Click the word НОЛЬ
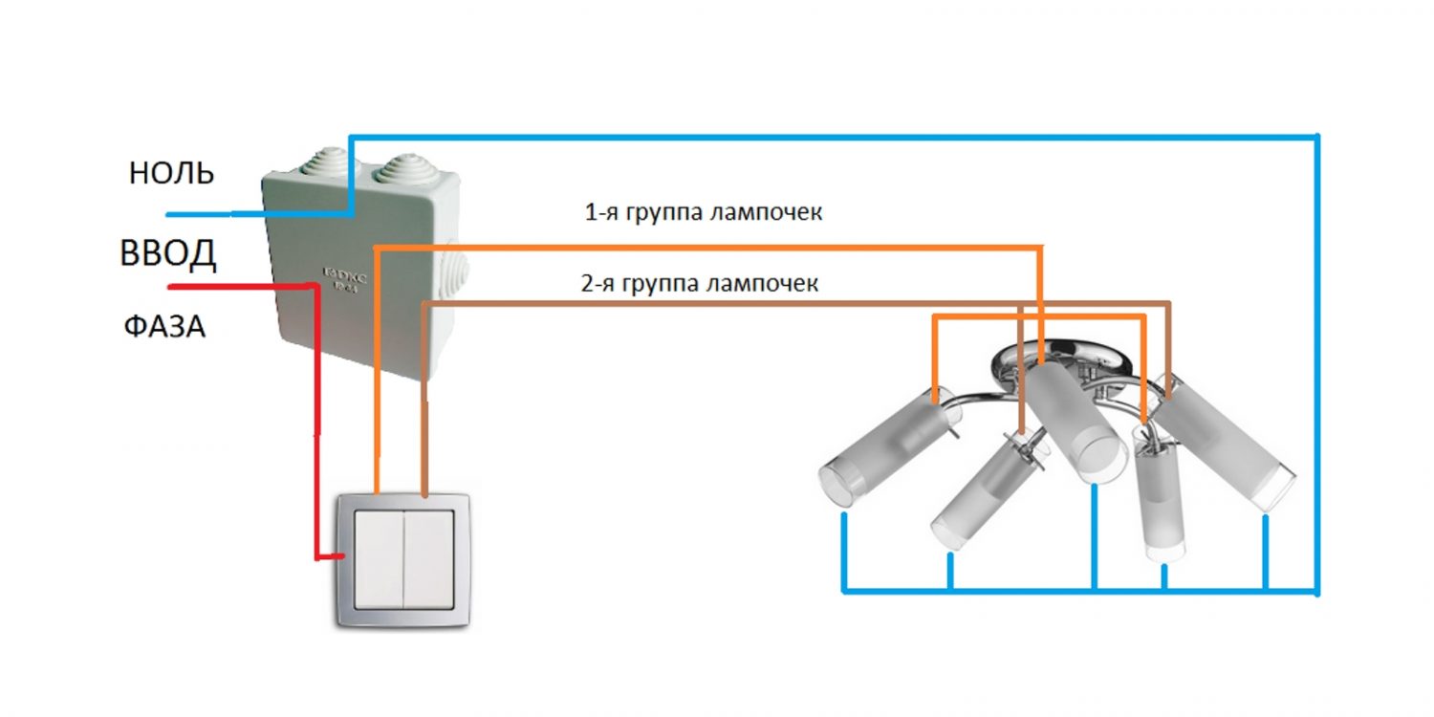click(x=171, y=173)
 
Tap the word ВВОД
click(x=168, y=254)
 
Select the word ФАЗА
click(x=164, y=327)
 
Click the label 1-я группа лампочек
click(x=703, y=213)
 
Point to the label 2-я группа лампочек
click(x=699, y=284)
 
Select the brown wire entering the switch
click(x=424, y=440)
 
